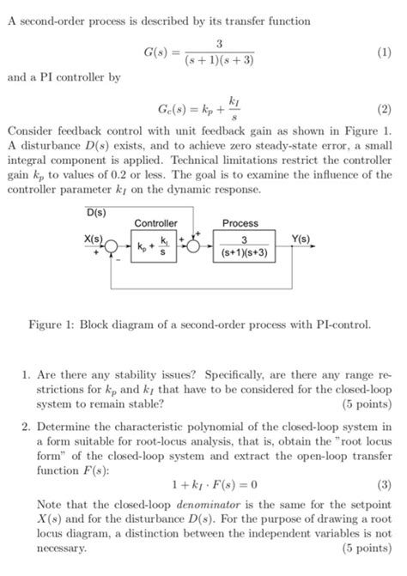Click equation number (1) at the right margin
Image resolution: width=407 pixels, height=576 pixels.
pos(384,52)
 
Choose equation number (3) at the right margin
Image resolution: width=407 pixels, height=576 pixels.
pos(384,483)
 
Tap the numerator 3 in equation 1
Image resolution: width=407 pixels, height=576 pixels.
pos(220,44)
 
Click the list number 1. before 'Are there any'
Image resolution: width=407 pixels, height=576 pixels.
pos(27,374)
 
